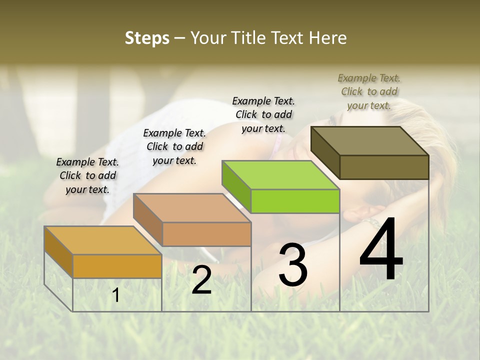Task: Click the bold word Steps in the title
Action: click(147, 38)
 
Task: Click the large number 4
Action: click(381, 250)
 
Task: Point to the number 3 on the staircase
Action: click(293, 265)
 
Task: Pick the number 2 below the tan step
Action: click(201, 280)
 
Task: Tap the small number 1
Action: click(116, 295)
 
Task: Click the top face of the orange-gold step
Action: click(102, 240)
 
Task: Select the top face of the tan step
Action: click(192, 208)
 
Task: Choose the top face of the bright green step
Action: click(280, 175)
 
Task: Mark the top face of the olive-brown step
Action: click(370, 141)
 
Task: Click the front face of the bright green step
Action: click(295, 201)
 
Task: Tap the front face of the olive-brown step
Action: click(384, 167)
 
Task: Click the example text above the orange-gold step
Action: click(87, 175)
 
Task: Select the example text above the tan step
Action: click(174, 146)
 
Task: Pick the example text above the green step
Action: click(263, 114)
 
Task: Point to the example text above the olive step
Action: click(369, 91)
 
